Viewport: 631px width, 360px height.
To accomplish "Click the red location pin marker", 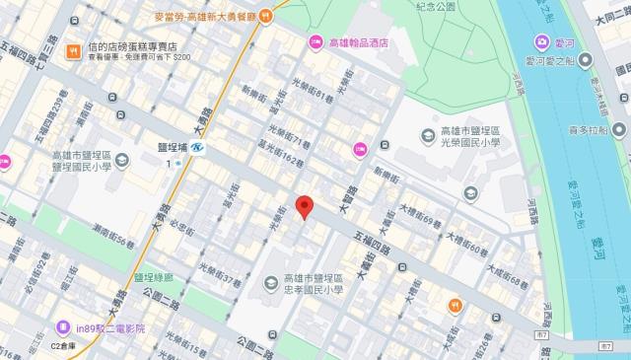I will coord(305,206).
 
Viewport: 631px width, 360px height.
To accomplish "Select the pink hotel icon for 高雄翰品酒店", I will coord(315,41).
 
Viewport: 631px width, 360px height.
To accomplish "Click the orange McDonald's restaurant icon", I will coord(281,16).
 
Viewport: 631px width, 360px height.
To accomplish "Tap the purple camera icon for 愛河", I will coord(542,42).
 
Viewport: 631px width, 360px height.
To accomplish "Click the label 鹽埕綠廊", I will coord(153,277).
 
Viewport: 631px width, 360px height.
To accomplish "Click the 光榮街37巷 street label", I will coord(219,273).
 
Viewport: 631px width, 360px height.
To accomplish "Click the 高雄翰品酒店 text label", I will coord(360,42).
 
